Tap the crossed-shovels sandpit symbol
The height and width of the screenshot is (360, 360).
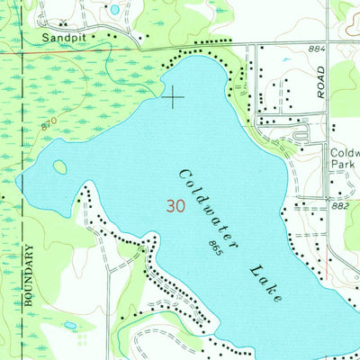(60, 25)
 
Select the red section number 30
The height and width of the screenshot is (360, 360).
(177, 205)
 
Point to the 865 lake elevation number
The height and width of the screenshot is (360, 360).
(213, 244)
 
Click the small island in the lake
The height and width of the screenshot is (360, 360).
(59, 166)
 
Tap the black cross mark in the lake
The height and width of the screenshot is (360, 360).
(173, 96)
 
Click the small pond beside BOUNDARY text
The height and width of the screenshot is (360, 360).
(69, 325)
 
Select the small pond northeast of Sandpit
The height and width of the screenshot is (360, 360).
(114, 10)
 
